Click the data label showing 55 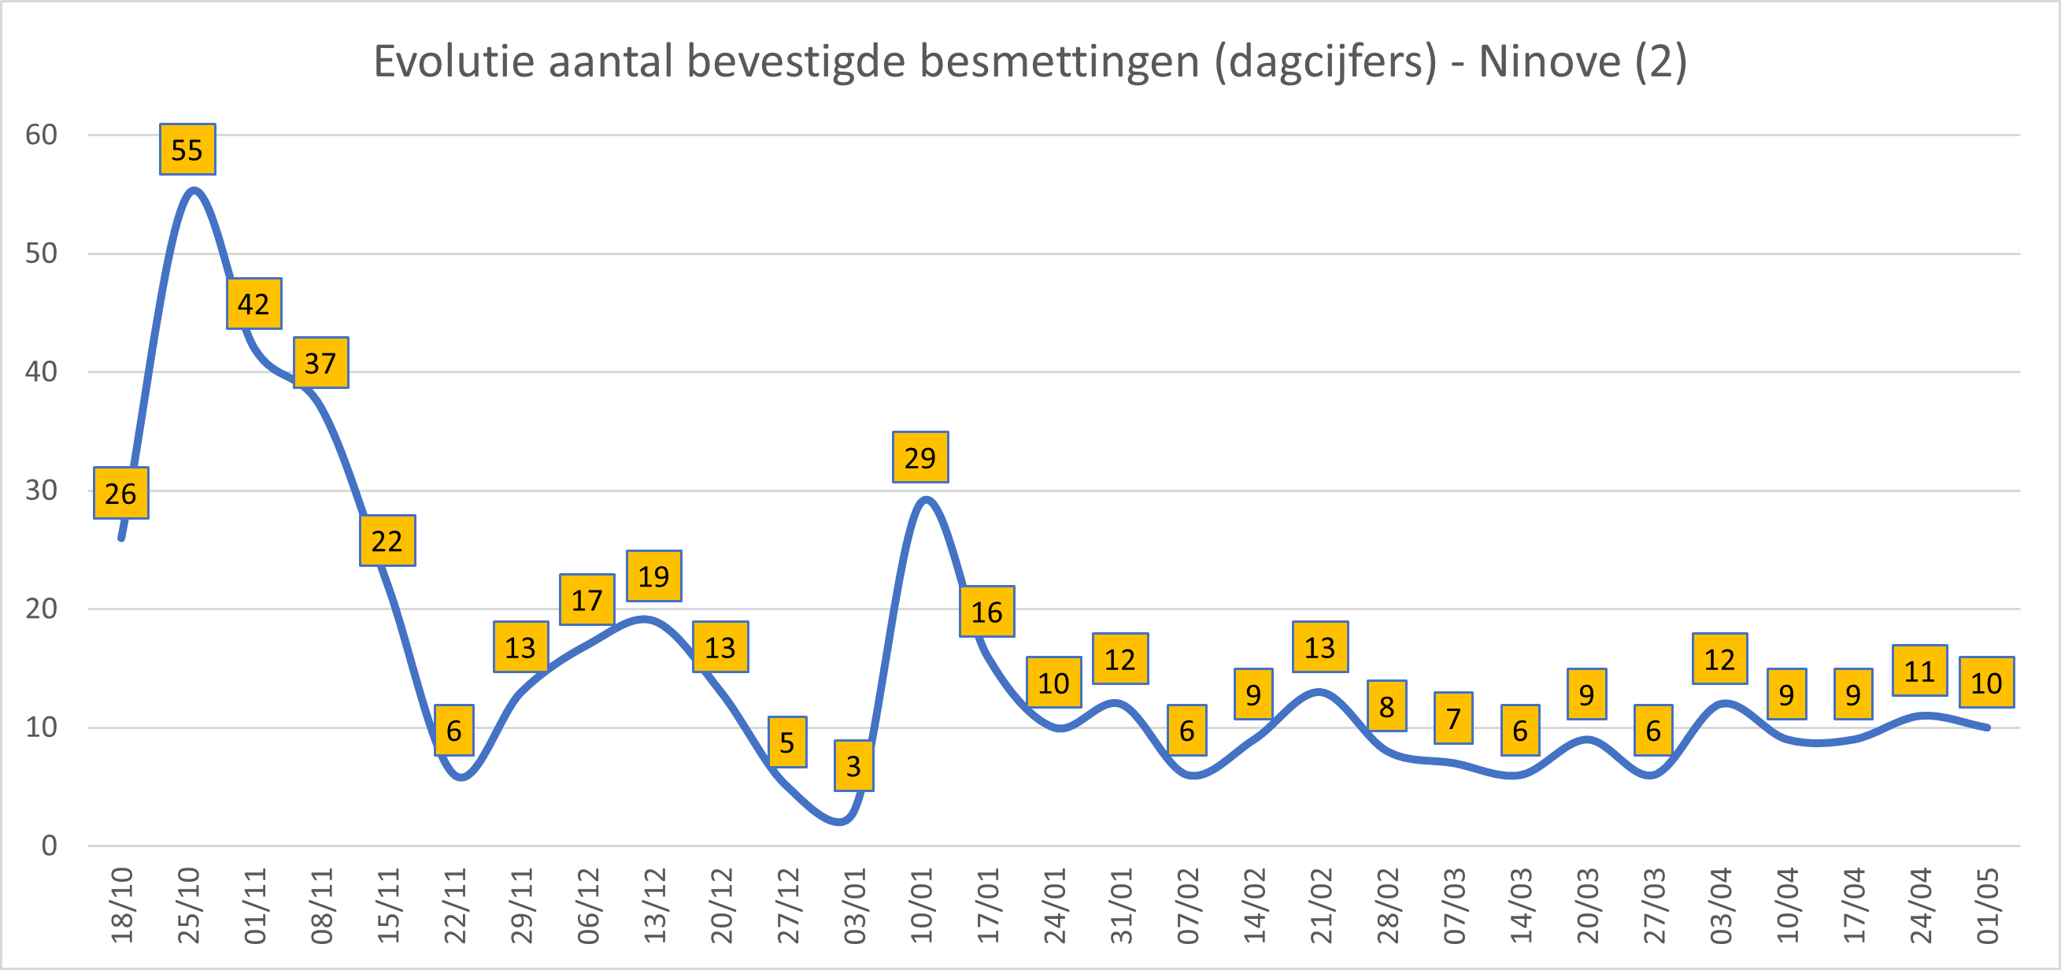[187, 150]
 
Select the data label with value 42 [253, 304]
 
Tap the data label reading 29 [920, 457]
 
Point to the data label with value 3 [853, 766]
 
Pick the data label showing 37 [321, 363]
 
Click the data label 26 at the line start [120, 493]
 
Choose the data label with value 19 [653, 576]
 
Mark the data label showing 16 [986, 612]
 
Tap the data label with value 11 [1919, 671]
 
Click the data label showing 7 [1453, 718]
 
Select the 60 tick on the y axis [42, 135]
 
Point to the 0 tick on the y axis [50, 845]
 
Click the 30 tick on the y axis [42, 490]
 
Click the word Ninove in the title [1549, 61]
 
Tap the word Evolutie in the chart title [454, 61]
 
